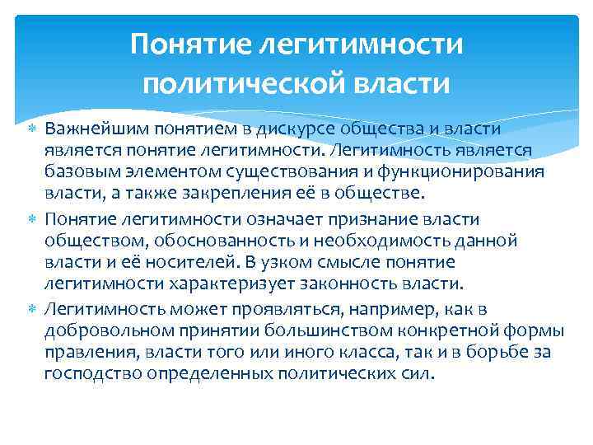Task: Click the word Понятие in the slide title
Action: point(182,44)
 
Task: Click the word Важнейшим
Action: point(92,129)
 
